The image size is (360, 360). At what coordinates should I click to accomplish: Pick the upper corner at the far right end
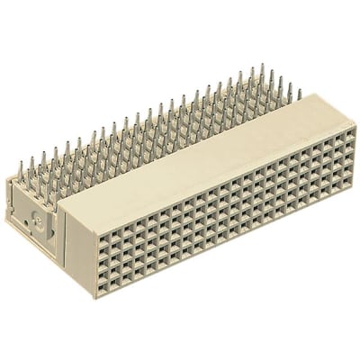(355, 125)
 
